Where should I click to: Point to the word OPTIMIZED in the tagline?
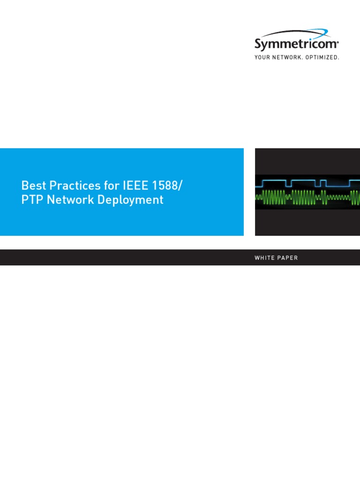point(323,57)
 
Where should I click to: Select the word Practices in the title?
point(68,185)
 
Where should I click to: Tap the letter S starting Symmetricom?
point(258,45)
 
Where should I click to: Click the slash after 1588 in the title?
point(180,185)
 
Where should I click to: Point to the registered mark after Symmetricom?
point(338,41)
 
